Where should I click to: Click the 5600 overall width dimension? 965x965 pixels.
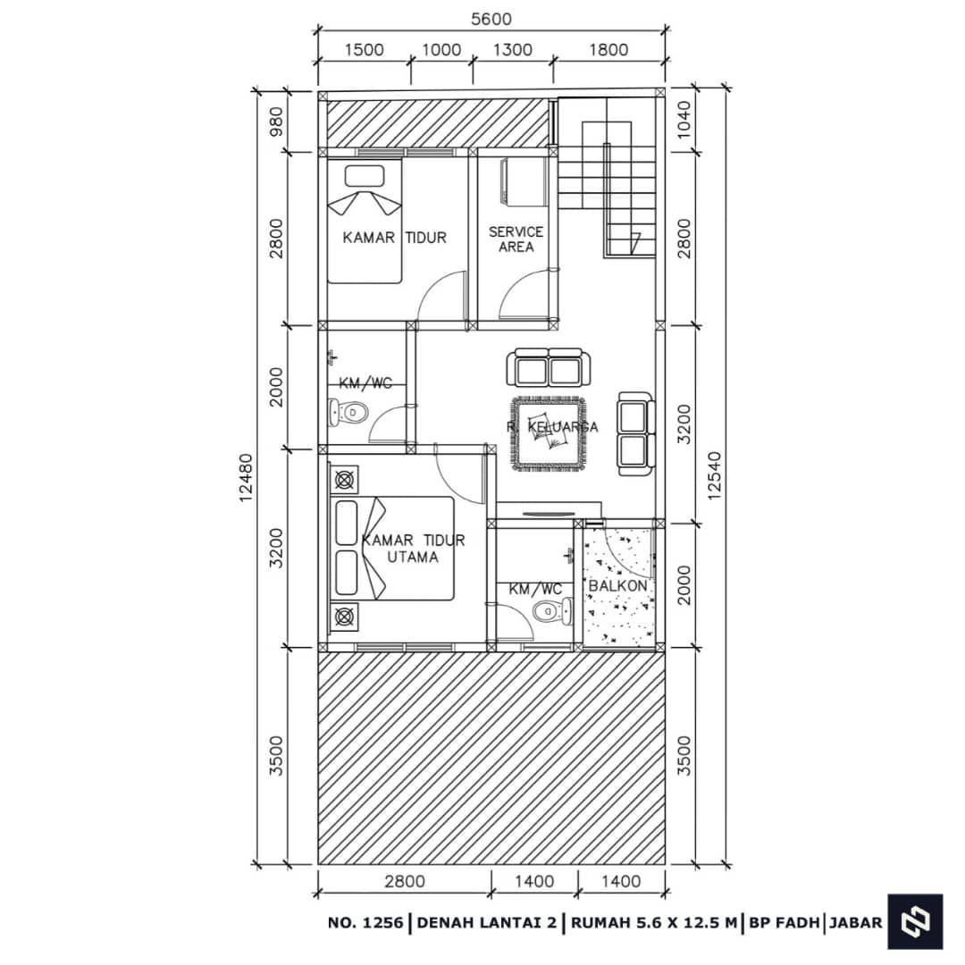click(491, 20)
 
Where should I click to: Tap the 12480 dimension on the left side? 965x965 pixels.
click(247, 478)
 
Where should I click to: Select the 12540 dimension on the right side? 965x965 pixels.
click(714, 475)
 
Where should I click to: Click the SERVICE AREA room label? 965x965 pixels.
click(516, 239)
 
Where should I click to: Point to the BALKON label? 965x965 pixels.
click(618, 585)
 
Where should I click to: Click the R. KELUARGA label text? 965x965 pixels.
click(552, 426)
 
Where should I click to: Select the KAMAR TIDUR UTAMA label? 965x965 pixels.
click(413, 549)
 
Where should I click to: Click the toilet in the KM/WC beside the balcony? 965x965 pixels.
click(552, 612)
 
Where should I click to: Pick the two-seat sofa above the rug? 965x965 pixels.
click(548, 367)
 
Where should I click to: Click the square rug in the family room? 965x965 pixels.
click(548, 434)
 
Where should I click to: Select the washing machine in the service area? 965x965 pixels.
click(524, 181)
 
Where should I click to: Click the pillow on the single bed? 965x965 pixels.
click(365, 176)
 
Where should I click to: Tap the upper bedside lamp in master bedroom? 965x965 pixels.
click(344, 479)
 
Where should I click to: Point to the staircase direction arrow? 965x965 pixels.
click(635, 242)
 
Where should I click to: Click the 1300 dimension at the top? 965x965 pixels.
click(513, 50)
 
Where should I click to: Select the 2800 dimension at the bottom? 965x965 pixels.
click(405, 881)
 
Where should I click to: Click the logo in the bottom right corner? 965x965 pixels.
click(915, 921)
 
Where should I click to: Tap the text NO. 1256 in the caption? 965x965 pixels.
click(365, 922)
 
